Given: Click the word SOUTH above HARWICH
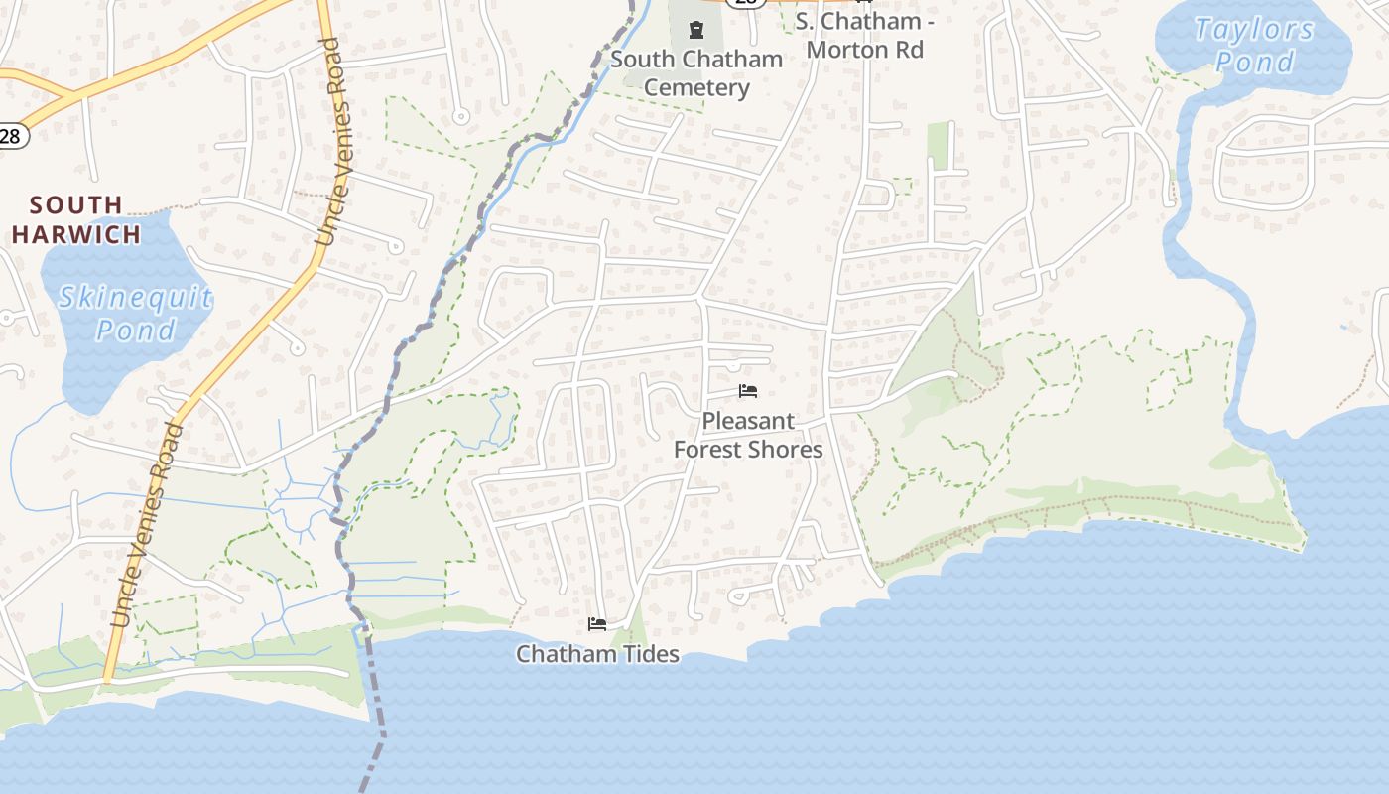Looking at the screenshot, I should (x=76, y=205).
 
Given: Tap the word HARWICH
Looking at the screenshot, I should (x=76, y=235).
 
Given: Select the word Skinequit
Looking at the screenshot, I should (x=135, y=297).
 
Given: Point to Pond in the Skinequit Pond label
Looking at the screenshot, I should (x=136, y=330).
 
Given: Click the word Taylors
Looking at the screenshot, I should (x=1254, y=30).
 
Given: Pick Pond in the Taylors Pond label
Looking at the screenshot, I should (x=1255, y=62).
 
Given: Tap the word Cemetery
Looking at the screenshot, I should (x=696, y=88).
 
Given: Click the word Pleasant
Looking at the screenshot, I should (x=748, y=421).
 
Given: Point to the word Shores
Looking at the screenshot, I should (x=785, y=450).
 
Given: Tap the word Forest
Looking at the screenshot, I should (x=707, y=450).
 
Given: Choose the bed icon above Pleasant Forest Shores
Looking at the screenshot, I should (x=748, y=391).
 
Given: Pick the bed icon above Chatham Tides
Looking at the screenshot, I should (x=597, y=624).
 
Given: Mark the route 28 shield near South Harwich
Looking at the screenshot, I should (x=10, y=136).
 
